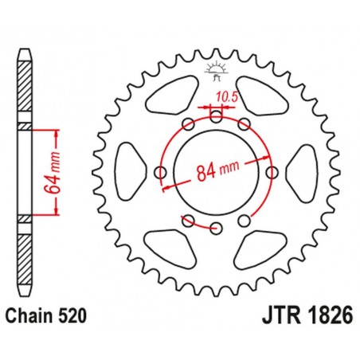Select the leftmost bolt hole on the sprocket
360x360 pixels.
tap(160, 172)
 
